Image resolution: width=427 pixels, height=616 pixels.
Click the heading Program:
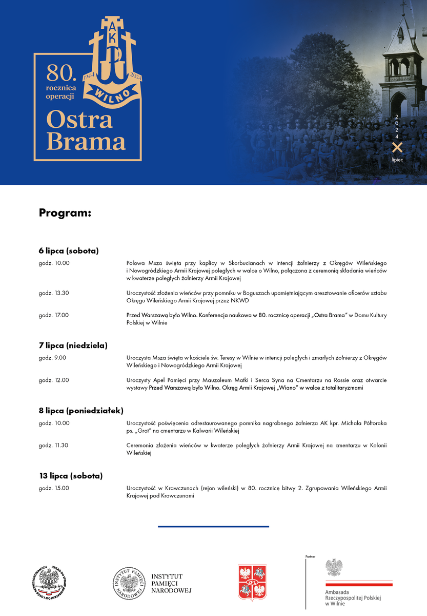65,213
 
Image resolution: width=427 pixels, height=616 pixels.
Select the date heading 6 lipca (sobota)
69,251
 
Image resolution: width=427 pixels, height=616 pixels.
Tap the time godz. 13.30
54,293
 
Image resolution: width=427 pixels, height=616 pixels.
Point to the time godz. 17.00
54,315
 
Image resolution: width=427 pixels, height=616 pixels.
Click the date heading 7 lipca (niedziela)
73,345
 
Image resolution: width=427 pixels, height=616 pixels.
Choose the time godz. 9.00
52,358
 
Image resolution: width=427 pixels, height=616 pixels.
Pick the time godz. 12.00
54,380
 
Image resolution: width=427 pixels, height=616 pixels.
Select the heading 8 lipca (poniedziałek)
81,411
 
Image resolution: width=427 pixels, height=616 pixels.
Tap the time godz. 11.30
54,445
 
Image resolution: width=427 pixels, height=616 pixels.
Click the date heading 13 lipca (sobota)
71,476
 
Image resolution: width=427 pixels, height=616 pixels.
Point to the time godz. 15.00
54,488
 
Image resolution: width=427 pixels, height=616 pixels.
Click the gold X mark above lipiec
397,148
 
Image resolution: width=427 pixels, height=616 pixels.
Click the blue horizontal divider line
213,526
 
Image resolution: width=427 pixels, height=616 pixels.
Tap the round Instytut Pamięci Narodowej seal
128,583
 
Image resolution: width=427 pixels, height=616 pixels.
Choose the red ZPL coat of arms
252,583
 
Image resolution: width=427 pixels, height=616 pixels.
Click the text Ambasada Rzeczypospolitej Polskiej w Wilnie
353,598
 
